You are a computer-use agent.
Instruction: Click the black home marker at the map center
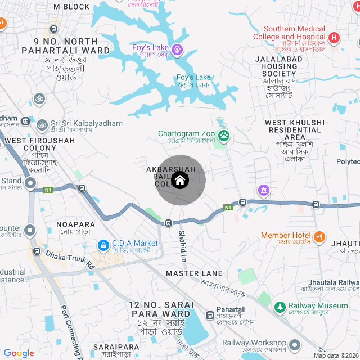coord(180,181)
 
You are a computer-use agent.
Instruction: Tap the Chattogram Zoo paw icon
coord(224,134)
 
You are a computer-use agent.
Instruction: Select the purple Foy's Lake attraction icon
coord(177,48)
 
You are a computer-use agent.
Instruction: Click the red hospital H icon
coord(334,38)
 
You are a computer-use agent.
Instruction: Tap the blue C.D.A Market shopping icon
coord(103,245)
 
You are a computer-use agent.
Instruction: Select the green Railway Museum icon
coord(280,307)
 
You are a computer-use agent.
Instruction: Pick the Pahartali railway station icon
coord(210,316)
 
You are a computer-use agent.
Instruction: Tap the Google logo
coord(19,353)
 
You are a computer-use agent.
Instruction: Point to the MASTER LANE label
coord(194,273)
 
